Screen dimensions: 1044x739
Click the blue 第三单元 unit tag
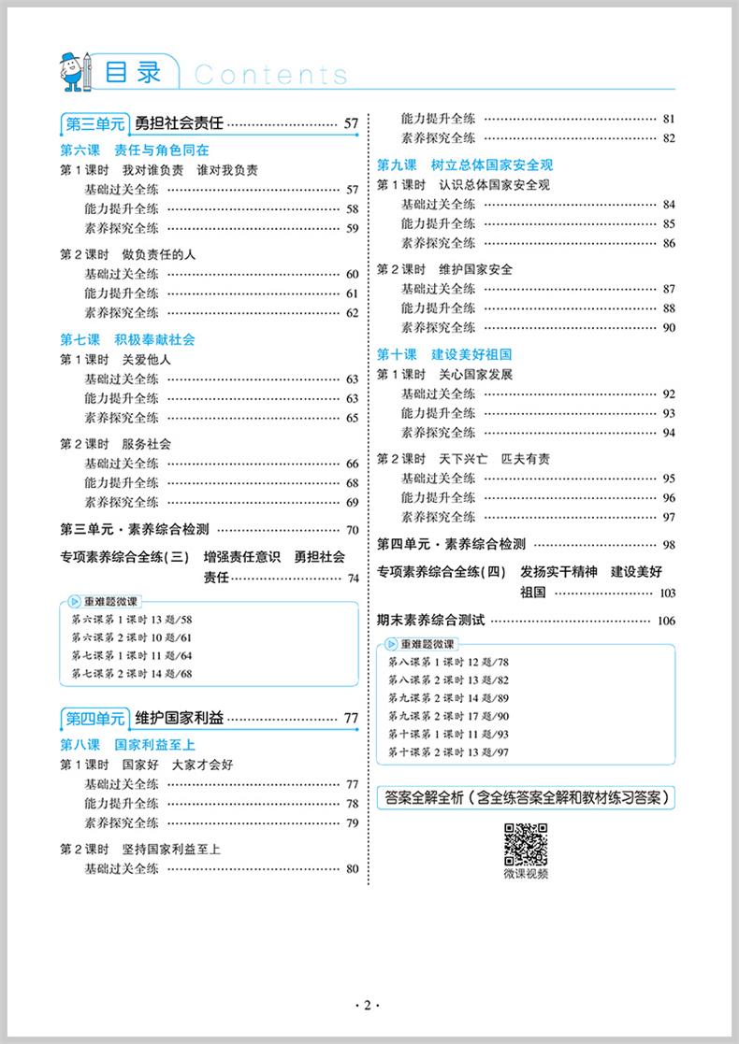[93, 122]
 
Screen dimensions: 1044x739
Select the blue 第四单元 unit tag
[93, 719]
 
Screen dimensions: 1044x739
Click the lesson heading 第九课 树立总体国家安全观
[457, 164]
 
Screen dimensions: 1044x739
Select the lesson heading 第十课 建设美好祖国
[444, 355]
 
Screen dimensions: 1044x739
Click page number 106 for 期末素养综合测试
[666, 622]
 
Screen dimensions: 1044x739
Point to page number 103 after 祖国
[666, 594]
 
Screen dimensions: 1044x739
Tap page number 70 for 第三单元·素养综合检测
[352, 530]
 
